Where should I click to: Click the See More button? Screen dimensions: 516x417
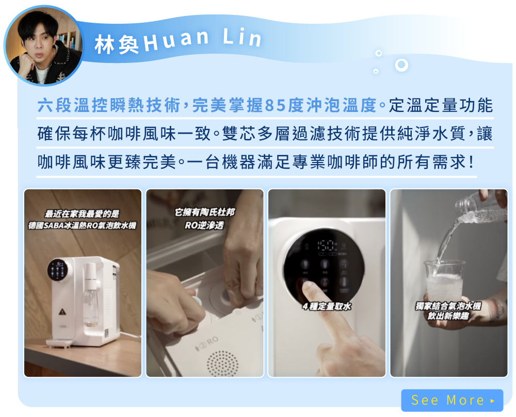[x=452, y=400]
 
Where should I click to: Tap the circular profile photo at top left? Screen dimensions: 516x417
[x=44, y=45]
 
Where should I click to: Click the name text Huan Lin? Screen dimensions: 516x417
[x=202, y=40]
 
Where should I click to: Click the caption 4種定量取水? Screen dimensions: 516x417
[x=327, y=307]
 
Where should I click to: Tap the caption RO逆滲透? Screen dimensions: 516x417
[x=204, y=225]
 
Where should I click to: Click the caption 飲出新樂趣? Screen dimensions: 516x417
[x=448, y=316]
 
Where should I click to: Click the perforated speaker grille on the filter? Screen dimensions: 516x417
[x=222, y=363]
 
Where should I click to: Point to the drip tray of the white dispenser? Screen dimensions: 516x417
[x=59, y=343]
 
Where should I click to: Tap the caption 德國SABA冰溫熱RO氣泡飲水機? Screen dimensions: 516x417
[x=82, y=226]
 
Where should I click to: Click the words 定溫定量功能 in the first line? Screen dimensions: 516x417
[x=441, y=106]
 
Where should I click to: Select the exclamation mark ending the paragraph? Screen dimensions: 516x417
[x=472, y=162]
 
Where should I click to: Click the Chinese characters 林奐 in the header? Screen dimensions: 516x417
[x=117, y=44]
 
